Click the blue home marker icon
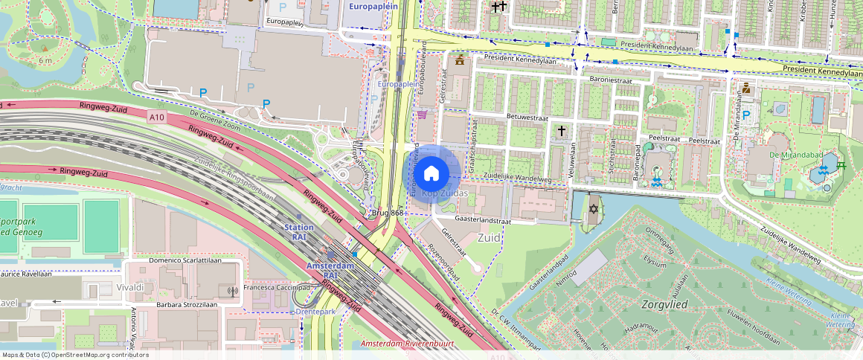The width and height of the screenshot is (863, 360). (x=431, y=174)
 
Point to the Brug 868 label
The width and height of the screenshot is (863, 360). (x=387, y=213)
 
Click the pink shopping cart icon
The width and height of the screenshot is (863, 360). (x=423, y=115)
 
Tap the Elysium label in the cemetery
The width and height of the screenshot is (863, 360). (x=655, y=263)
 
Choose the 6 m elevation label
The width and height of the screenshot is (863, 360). (x=45, y=60)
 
